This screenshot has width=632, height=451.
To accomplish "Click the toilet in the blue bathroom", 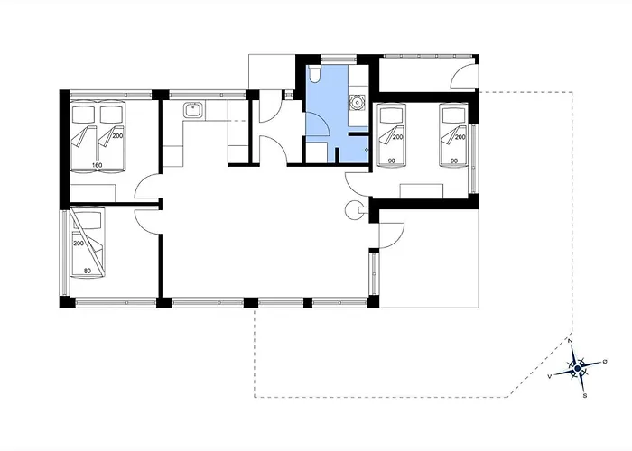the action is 314,74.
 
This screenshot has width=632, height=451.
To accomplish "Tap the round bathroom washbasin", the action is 358,102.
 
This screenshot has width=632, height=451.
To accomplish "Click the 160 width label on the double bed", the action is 97,165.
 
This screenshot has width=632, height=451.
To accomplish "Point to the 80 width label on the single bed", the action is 87,271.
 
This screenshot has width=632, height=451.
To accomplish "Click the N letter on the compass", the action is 571,341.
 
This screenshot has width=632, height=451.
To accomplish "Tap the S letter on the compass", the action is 585,395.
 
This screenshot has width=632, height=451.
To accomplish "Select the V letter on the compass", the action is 549,376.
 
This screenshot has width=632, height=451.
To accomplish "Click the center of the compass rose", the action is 578,368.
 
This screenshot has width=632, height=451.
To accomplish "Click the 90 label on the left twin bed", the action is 391,161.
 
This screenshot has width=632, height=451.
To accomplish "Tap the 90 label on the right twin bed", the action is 454,161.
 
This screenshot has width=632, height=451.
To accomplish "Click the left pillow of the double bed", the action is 83,115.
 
